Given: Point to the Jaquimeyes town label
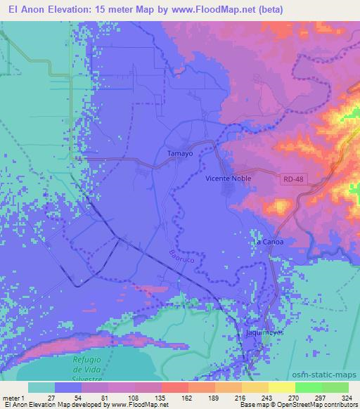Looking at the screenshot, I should (264, 331).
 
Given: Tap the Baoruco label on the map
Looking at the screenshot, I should (181, 257).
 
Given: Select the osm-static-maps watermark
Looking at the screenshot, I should (330, 375).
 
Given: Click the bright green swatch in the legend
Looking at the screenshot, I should (309, 387).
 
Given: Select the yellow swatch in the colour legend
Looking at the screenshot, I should (282, 387).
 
